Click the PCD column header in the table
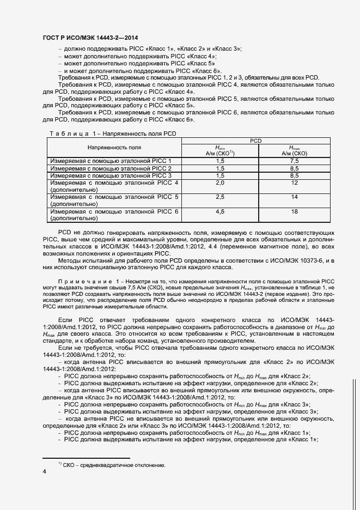pos(256,141)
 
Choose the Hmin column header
pos(220,150)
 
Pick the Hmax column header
pos(294,150)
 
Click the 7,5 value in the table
pos(294,161)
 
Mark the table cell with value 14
pos(294,197)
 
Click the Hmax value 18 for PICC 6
pos(294,211)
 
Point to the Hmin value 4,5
pos(220,211)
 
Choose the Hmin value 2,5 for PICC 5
pos(220,197)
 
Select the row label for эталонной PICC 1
pos(111,161)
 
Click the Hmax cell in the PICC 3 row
pos(294,175)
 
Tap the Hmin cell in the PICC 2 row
pos(220,168)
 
